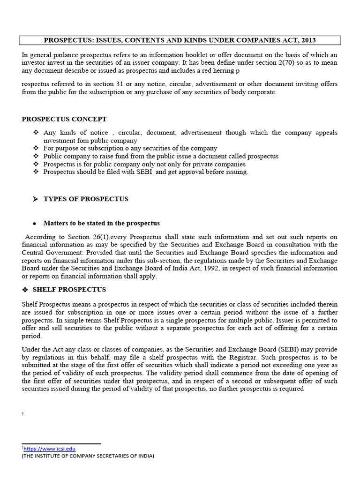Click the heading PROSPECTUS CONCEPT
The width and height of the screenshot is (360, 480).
point(64,119)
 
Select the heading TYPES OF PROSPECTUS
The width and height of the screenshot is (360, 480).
point(86,199)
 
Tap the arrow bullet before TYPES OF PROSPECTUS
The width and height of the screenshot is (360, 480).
point(35,199)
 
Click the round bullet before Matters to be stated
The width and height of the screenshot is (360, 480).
point(35,224)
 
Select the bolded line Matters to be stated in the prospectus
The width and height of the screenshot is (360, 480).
point(102,223)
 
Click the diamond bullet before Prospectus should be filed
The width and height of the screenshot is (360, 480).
point(36,172)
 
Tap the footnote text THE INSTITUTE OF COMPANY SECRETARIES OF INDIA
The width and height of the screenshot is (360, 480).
point(88,456)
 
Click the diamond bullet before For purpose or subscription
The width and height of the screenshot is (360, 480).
point(36,148)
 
